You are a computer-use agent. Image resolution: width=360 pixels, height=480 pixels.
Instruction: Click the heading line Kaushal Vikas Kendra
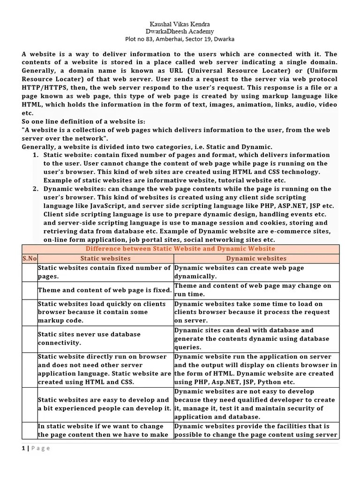tap(180, 23)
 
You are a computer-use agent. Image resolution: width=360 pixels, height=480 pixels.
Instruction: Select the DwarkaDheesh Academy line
tap(180, 31)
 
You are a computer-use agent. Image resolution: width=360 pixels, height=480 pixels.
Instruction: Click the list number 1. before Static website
tap(36, 155)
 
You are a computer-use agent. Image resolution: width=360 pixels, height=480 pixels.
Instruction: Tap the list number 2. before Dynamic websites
tap(36, 189)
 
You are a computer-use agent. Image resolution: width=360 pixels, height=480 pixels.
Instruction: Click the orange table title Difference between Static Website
tap(180, 248)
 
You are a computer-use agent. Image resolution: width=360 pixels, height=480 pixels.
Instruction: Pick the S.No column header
tap(30, 258)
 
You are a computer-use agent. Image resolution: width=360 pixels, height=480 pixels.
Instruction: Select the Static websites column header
tap(105, 258)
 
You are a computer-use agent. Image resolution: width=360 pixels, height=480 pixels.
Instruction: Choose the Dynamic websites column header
tap(256, 258)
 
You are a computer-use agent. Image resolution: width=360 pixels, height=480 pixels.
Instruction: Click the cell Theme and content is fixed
tap(105, 290)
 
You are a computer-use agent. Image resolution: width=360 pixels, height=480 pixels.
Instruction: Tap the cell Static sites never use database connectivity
tap(89, 339)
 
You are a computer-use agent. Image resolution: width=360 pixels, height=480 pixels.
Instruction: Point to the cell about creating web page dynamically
tap(239, 272)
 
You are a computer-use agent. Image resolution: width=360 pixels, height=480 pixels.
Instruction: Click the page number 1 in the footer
tap(23, 448)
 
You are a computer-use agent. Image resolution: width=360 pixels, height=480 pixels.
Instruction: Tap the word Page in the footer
tap(40, 448)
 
